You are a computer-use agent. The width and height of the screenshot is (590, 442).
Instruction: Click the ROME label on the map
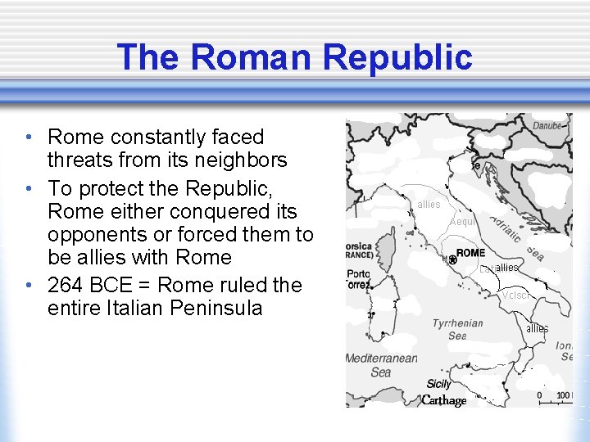(x=470, y=253)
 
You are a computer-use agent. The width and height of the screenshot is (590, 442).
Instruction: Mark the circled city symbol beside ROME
(x=452, y=259)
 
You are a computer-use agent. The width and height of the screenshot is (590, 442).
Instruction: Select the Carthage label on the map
(x=444, y=400)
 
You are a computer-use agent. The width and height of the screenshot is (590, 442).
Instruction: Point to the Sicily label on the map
(x=439, y=384)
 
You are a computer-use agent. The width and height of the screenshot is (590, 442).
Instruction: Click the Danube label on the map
(x=548, y=126)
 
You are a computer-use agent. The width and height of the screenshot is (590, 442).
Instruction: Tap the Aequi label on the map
(x=463, y=222)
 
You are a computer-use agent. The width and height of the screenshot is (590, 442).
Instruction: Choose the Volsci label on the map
(x=517, y=295)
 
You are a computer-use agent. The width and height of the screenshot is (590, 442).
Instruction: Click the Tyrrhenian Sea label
(x=457, y=329)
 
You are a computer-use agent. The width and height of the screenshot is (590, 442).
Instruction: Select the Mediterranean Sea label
(x=381, y=365)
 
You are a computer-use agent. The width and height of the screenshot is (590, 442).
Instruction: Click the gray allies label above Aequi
(x=429, y=204)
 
